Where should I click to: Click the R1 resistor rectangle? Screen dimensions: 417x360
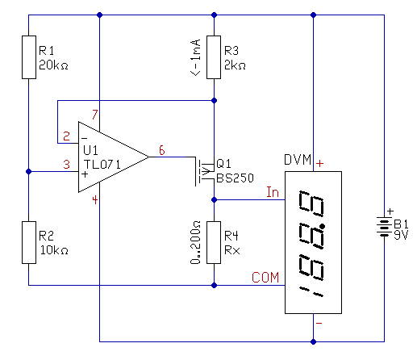(29, 57)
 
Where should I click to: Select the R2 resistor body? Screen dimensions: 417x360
(29, 242)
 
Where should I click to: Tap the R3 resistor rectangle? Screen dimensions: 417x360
(214, 57)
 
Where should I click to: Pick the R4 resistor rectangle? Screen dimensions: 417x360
(214, 242)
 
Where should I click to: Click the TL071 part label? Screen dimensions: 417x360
(102, 165)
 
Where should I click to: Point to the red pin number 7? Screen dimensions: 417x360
(94, 115)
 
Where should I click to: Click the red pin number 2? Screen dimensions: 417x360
(66, 136)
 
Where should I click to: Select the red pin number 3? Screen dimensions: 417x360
(66, 164)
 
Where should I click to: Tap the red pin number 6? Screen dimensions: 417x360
(161, 150)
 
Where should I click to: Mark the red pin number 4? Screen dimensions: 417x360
(94, 200)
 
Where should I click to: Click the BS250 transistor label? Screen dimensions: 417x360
(235, 178)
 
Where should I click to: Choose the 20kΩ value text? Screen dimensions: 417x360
(53, 65)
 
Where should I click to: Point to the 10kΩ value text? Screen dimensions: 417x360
(54, 250)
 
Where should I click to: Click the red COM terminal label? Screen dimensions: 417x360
(265, 278)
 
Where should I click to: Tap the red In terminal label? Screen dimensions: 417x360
(273, 192)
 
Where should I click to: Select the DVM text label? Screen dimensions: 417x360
(298, 160)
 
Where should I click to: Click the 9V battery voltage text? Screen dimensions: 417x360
(401, 235)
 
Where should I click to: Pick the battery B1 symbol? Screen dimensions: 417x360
(384, 226)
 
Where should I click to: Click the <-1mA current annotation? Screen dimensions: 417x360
(195, 57)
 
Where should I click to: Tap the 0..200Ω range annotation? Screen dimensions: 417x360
(195, 242)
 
